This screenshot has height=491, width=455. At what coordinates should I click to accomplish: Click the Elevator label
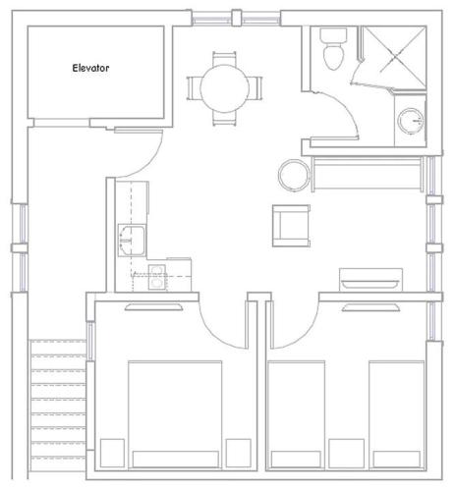(x=90, y=68)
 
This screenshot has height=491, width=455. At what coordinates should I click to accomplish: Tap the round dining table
(x=224, y=88)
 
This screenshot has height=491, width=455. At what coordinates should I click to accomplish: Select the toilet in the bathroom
(x=333, y=49)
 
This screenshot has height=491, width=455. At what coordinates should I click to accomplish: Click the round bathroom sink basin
(x=411, y=121)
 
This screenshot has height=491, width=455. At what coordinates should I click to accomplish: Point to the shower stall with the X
(x=395, y=58)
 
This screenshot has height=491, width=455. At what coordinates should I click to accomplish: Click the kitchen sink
(x=132, y=241)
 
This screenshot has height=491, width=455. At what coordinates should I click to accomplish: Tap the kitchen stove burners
(x=157, y=277)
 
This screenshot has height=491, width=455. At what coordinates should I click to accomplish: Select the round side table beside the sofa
(x=294, y=175)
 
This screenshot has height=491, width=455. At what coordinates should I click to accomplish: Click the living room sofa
(x=368, y=174)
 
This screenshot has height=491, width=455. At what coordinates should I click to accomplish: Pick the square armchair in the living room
(x=291, y=226)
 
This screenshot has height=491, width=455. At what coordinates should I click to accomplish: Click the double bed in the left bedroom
(x=175, y=414)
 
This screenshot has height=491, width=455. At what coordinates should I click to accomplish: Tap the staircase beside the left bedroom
(x=58, y=406)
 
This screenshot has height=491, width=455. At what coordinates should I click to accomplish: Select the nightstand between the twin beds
(x=346, y=454)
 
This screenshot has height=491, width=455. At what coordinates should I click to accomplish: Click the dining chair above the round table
(x=224, y=59)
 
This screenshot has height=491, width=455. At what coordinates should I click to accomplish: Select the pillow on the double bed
(x=176, y=460)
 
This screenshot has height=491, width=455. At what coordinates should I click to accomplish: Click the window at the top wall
(x=236, y=18)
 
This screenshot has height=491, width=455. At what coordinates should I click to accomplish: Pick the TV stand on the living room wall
(x=370, y=280)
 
